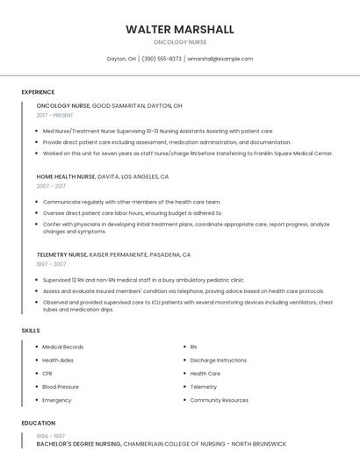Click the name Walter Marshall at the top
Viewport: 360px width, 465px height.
(180, 29)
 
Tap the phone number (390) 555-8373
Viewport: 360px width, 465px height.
(162, 59)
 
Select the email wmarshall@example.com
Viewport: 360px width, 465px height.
(220, 59)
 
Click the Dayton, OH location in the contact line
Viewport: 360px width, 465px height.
(121, 59)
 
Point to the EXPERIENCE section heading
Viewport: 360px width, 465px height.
(38, 92)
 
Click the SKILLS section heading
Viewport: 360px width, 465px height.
(31, 331)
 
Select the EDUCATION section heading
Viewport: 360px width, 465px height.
(38, 423)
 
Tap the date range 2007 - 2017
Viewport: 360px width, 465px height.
(51, 186)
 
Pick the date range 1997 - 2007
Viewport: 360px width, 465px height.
(51, 264)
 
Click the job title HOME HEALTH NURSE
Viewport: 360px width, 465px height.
(66, 176)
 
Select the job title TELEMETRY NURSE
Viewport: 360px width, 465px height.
(61, 254)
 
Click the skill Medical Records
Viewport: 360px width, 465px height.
(62, 347)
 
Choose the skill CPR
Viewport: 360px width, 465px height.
(47, 373)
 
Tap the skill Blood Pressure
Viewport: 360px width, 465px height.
(61, 386)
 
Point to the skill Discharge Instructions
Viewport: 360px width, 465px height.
(219, 360)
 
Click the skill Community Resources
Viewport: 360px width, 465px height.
(220, 400)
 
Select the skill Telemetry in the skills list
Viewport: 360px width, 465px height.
(204, 386)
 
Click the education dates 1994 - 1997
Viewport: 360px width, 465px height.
(51, 435)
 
